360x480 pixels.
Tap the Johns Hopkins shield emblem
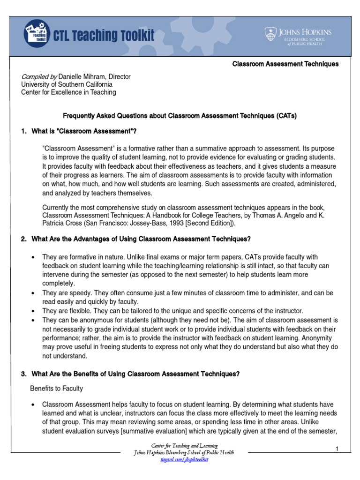(270, 34)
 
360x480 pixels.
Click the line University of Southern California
(67, 84)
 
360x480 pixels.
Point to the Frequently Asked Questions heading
(180, 115)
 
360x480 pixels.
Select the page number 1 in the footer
(337, 450)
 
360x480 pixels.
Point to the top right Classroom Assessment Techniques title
(285, 64)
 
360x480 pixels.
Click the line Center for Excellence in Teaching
(68, 92)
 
